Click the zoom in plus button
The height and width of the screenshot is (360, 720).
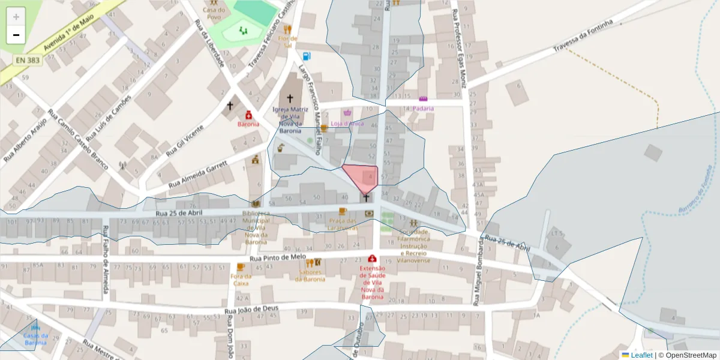[16, 17]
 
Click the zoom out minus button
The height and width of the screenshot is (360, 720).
[16, 35]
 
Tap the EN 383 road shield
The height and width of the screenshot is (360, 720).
[28, 60]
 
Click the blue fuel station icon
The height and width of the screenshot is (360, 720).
[307, 56]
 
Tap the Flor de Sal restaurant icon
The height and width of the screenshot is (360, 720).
[287, 29]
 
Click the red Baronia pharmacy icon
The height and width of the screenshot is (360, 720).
[248, 115]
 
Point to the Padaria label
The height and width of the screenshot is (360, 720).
[423, 109]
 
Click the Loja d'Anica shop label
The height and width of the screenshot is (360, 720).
[347, 123]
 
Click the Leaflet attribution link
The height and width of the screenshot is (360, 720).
[641, 355]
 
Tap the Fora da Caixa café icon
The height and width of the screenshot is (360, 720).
[241, 267]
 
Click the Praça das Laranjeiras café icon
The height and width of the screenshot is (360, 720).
[343, 211]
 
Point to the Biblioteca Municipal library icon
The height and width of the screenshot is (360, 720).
[256, 204]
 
